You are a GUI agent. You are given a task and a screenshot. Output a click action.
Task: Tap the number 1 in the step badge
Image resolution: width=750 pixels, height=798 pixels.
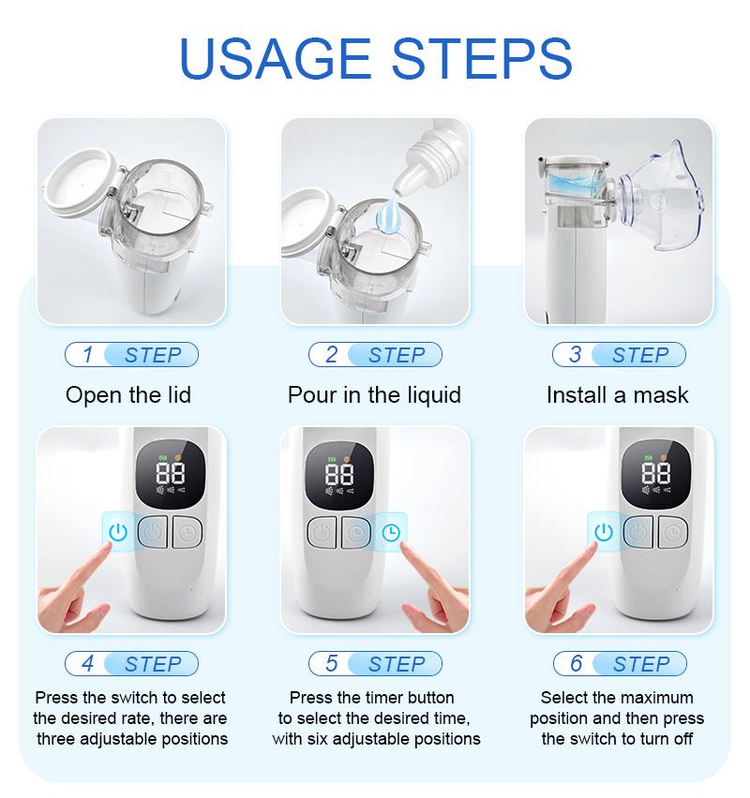tap(88, 355)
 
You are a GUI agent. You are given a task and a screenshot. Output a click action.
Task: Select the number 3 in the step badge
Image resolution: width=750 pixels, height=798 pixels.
tap(575, 355)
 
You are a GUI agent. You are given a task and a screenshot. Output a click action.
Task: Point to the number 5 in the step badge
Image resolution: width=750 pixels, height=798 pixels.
tap(331, 664)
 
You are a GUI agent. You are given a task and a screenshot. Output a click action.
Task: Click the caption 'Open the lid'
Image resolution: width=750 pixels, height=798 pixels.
tap(128, 395)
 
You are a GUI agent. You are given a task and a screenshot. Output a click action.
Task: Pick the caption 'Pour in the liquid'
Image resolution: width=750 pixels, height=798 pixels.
tap(374, 395)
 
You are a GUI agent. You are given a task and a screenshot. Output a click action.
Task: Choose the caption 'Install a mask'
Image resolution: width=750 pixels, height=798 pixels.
tap(617, 395)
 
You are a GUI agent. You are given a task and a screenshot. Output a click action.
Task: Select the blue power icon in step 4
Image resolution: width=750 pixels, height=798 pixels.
tap(117, 532)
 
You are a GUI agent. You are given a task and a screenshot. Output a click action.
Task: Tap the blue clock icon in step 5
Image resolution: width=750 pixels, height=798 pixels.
tap(390, 532)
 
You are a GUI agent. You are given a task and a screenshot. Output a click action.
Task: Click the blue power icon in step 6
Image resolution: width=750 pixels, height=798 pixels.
tap(604, 532)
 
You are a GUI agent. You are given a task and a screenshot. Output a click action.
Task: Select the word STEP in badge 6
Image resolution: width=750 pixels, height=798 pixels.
tap(641, 664)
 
